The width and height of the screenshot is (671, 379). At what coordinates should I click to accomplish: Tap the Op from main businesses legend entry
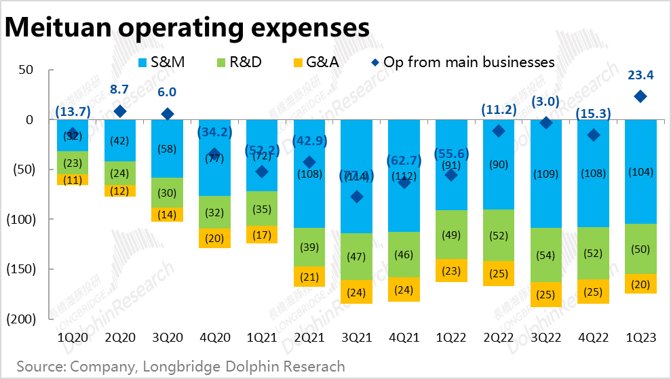click(x=461, y=62)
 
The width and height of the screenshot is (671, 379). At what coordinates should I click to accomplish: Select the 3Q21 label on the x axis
click(x=356, y=336)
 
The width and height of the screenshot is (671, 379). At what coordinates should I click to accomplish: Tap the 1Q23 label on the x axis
click(x=639, y=336)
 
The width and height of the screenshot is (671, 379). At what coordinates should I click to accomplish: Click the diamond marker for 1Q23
click(x=639, y=97)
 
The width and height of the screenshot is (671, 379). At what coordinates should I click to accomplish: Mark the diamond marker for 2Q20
click(x=120, y=111)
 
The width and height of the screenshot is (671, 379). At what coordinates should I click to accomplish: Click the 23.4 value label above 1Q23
click(x=639, y=73)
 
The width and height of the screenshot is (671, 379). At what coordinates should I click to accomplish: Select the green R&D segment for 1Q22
click(x=450, y=235)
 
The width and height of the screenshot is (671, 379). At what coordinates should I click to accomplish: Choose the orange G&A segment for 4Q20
click(x=214, y=238)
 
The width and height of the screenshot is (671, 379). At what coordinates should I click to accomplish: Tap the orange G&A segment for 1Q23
click(x=639, y=284)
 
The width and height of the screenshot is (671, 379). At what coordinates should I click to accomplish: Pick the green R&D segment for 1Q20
click(x=73, y=163)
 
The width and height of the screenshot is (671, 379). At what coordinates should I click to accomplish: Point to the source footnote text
click(x=180, y=367)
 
